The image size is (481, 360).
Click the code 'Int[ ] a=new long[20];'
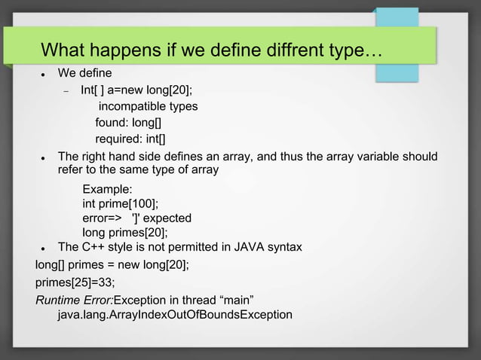(142, 90)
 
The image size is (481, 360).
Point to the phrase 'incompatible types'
(148, 106)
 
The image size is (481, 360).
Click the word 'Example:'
(107, 189)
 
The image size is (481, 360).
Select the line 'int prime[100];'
(121, 203)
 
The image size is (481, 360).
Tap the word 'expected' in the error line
(167, 218)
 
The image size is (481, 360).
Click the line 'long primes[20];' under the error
(124, 233)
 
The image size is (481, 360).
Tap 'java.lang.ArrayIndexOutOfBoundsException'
(175, 314)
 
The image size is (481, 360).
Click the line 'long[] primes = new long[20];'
(112, 265)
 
